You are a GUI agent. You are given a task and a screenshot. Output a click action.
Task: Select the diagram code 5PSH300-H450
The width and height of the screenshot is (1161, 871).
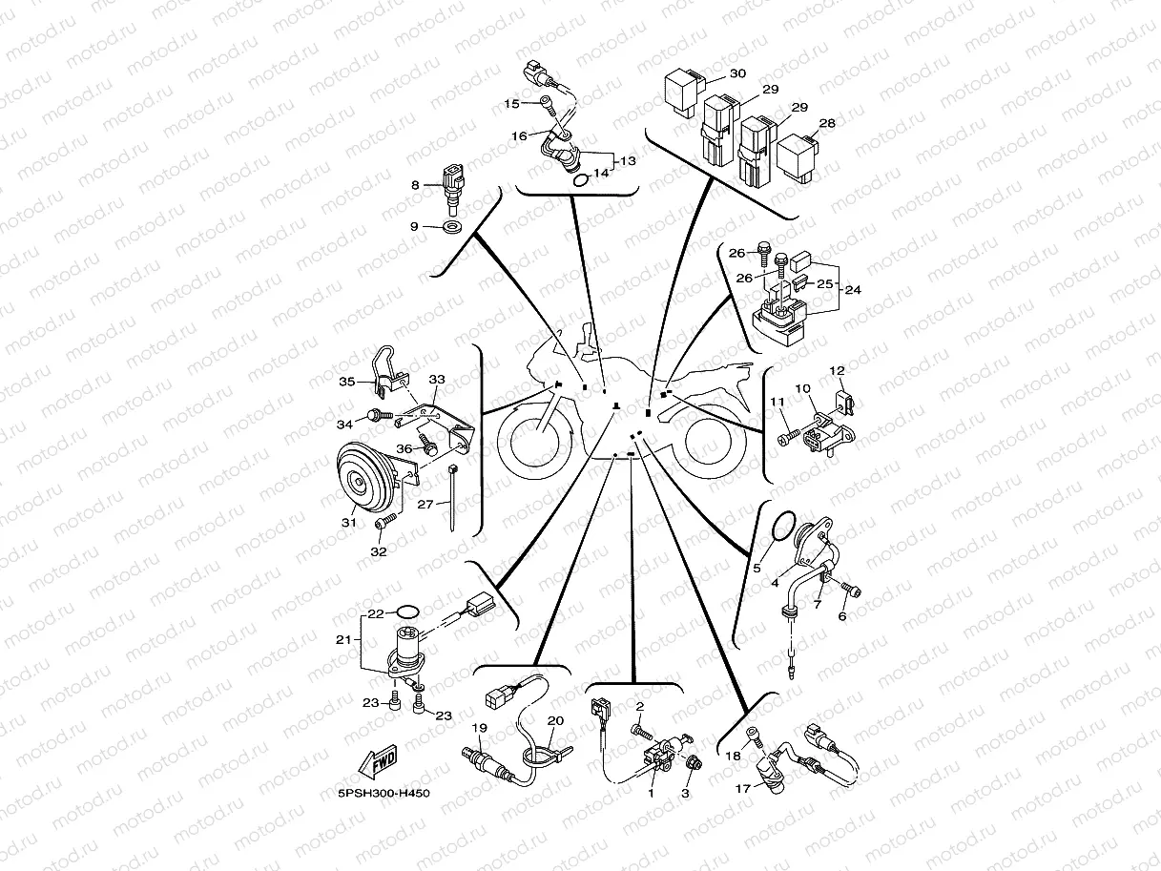pos(384,794)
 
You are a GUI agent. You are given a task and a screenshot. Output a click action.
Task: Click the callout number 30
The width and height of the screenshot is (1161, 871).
pos(737,73)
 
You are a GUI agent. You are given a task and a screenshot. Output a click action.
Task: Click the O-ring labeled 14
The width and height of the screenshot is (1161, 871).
pos(580,181)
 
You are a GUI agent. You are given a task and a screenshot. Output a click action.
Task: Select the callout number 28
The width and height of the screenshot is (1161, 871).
pos(827,123)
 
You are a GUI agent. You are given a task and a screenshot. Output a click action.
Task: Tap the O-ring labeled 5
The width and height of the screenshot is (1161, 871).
pos(780,528)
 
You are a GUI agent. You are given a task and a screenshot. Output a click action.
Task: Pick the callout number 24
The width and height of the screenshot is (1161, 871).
pos(853,290)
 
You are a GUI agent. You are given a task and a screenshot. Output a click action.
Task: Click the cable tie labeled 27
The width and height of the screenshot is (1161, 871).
pos(453,498)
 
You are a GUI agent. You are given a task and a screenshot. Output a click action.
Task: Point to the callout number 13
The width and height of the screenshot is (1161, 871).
pos(628,160)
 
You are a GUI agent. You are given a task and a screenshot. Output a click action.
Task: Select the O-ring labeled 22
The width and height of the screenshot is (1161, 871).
pos(406,612)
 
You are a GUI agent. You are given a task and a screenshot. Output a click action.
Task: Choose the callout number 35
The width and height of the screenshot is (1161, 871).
pos(347,382)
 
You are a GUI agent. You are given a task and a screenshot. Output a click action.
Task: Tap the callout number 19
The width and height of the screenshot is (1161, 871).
pos(479,728)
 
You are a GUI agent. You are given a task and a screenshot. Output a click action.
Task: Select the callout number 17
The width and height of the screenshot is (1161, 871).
pos(742,789)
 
